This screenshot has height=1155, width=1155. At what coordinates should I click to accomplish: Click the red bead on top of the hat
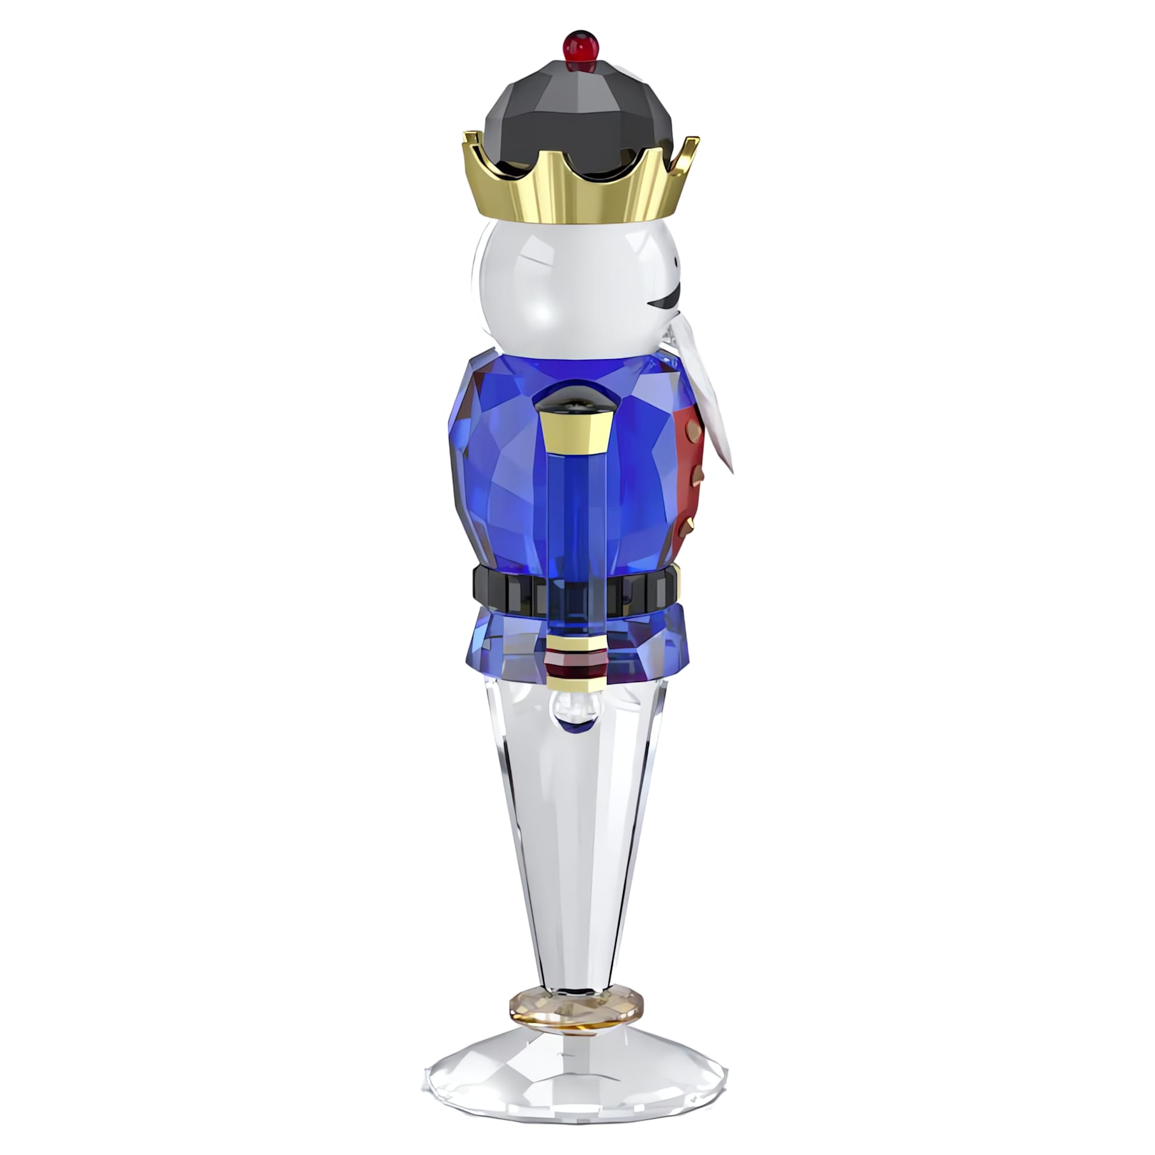coord(579,43)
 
